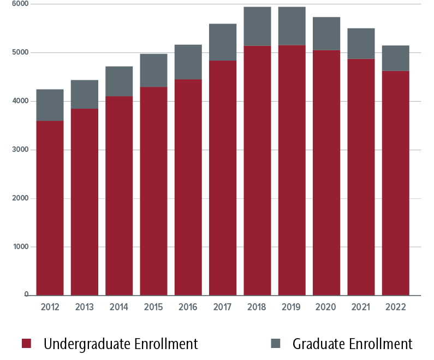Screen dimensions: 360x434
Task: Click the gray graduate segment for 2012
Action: [50, 105]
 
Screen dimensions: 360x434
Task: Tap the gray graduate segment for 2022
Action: [395, 58]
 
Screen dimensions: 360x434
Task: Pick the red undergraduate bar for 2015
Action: [153, 191]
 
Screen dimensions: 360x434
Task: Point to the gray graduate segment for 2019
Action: [292, 26]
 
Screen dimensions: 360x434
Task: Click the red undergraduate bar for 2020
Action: [326, 173]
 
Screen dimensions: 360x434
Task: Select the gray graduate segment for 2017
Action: [223, 42]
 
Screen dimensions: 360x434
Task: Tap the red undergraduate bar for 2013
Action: [85, 202]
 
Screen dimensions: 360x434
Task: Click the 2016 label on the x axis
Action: [188, 307]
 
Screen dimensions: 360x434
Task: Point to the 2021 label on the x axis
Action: [361, 307]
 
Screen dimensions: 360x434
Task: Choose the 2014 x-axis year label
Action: [119, 307]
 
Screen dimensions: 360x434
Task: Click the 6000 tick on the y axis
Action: [20, 4]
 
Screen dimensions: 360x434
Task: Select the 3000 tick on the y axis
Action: [20, 150]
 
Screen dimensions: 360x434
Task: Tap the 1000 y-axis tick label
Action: [20, 247]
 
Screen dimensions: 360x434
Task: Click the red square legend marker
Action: [26, 344]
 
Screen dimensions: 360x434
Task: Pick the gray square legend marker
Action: [276, 344]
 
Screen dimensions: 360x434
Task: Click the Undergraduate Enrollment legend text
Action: [121, 344]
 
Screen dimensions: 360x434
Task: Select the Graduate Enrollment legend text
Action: [352, 344]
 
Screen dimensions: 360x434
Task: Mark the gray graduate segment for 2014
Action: [119, 81]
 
